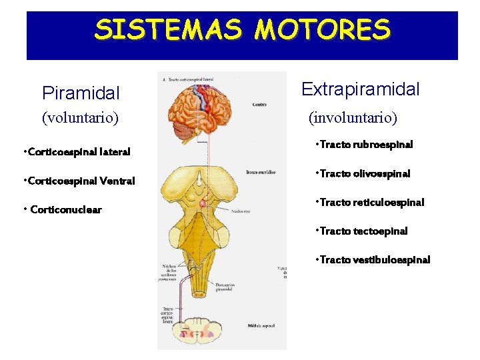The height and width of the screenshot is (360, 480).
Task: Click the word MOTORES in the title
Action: point(323,29)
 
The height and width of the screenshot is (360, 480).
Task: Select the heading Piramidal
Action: point(81,92)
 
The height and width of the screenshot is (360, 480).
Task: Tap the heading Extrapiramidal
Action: point(361,89)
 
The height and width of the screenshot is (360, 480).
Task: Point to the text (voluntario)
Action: point(80,118)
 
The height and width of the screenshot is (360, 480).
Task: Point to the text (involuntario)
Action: point(352,118)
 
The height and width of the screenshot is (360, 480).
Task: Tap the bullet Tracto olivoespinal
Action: point(364,174)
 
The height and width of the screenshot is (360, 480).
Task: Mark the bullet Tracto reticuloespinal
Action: point(371,203)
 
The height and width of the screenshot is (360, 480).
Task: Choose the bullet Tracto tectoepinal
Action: point(363,231)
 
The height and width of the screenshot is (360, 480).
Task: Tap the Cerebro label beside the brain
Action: point(260,105)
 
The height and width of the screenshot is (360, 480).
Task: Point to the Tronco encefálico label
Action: point(261,172)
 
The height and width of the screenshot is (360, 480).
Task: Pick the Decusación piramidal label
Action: point(226,288)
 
